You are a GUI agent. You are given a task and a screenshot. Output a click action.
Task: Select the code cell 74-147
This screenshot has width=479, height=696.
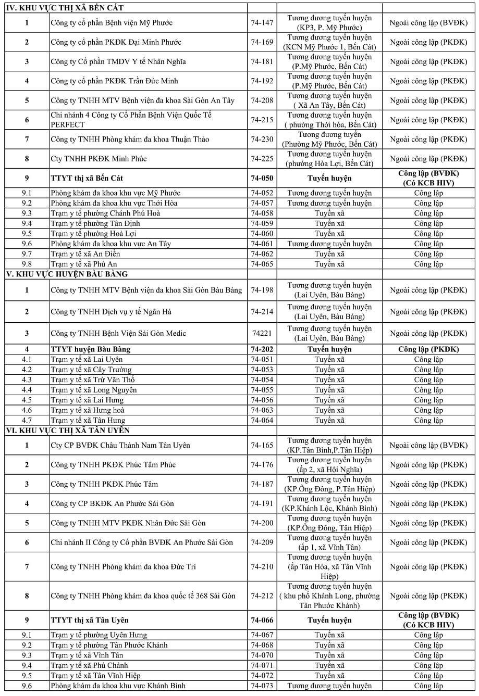[x=262, y=23]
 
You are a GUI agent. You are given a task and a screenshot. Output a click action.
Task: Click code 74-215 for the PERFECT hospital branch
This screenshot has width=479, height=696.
[x=262, y=120]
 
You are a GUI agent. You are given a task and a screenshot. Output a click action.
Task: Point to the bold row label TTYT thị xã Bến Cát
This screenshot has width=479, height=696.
[x=87, y=178]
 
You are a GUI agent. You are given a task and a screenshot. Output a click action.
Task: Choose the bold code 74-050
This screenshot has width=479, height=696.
[x=262, y=178]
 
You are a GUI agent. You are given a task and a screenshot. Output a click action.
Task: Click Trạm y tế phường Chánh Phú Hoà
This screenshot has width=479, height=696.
[x=105, y=213]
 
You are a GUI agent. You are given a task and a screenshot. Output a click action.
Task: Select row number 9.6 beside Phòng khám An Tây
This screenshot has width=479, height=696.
[x=27, y=244]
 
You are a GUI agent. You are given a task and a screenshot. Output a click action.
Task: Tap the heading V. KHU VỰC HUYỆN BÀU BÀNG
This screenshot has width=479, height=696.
[x=66, y=274]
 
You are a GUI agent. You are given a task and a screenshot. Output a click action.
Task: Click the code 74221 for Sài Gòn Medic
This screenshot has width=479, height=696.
[x=262, y=333]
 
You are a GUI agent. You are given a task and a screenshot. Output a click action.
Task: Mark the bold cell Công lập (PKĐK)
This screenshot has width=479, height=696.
[x=428, y=349]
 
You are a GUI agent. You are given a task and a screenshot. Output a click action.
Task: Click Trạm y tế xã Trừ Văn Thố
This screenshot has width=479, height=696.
[x=92, y=379]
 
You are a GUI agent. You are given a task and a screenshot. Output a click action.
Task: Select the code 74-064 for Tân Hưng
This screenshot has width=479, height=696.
[x=262, y=420]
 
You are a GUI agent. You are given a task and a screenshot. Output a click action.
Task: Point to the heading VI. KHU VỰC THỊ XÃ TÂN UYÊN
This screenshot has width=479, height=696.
[x=67, y=431]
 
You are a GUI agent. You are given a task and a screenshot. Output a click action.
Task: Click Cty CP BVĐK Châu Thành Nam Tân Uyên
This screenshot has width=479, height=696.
[x=120, y=445]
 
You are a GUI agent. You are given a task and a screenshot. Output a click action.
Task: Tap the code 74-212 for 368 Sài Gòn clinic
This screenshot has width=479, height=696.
[x=262, y=596]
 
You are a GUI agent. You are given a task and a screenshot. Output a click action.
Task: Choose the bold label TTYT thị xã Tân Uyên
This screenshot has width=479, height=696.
[x=90, y=620]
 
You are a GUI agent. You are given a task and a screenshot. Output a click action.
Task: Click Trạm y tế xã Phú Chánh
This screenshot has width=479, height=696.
[x=89, y=665]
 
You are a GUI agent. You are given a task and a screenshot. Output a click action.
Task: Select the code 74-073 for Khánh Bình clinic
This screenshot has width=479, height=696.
[x=262, y=686]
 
